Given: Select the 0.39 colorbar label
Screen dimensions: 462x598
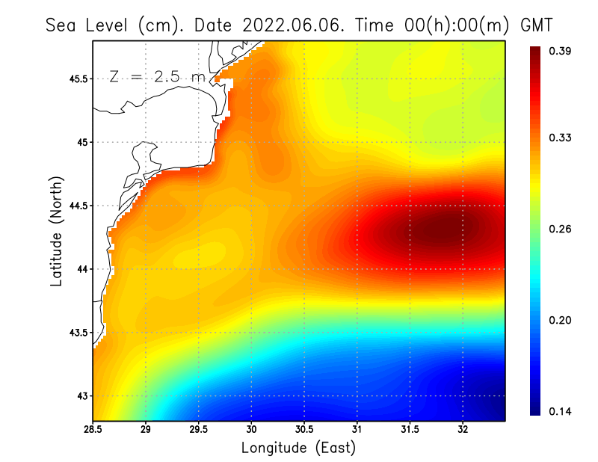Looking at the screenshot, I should pos(561,51).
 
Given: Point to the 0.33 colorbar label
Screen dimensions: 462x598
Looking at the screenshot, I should pos(561,138).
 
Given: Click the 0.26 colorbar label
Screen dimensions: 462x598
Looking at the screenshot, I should pos(561,229).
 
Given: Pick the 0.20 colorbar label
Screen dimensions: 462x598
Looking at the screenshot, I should pos(561,320).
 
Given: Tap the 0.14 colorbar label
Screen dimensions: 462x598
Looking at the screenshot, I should pos(561,411).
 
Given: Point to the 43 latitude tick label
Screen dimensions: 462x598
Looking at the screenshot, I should pos(81,395).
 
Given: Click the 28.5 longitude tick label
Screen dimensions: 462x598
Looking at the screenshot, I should pos(93,430).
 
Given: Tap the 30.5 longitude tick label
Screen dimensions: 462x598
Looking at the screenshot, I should pos(304,430).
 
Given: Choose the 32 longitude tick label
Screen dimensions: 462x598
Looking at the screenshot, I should pos(463,430).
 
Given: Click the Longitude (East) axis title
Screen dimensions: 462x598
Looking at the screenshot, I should pos(298,448).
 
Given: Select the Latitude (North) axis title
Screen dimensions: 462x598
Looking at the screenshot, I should pos(56,231).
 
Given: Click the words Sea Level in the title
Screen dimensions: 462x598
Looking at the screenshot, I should pos(88,25).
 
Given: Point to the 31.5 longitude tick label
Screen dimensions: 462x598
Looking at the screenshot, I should pos(410,430).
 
